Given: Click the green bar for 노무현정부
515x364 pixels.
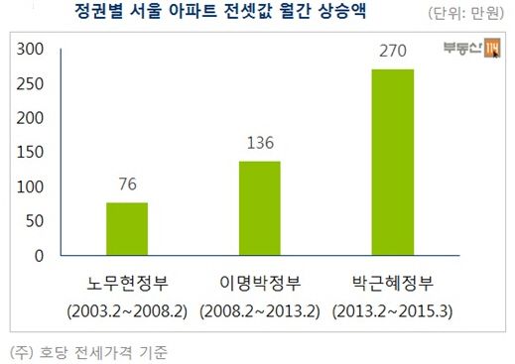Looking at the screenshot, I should pos(126,229).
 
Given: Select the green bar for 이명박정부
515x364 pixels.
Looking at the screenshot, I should pos(259,208).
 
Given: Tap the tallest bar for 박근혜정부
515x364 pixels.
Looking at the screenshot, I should pos(392,163).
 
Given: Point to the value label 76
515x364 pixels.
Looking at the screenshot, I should pos(127,185).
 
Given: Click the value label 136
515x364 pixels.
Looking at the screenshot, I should pos(259,144).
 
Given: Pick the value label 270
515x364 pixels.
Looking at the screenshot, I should pos(393,53).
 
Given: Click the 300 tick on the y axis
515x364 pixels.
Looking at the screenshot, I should pos(32,50).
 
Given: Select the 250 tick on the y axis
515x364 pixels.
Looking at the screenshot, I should pos(32,84).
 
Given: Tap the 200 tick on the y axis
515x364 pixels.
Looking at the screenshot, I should pos(32,118).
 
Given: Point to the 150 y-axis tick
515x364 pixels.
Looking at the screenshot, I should pos(32,153).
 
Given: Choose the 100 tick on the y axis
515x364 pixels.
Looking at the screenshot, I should pos(32,187).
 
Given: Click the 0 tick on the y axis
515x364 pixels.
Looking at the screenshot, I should pos(40,256).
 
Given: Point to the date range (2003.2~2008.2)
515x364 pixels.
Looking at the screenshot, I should pos(127,311).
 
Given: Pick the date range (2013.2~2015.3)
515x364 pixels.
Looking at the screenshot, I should pos(393,311).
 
